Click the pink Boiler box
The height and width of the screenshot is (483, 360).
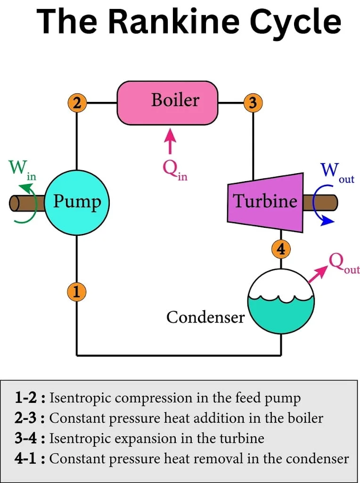point(167,102)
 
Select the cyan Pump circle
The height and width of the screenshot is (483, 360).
point(77,202)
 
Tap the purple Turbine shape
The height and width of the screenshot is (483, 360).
point(265,202)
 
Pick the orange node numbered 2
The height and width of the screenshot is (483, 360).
point(77,102)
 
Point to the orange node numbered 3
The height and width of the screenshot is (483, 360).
point(253,102)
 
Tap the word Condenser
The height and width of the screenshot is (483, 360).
point(205,317)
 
